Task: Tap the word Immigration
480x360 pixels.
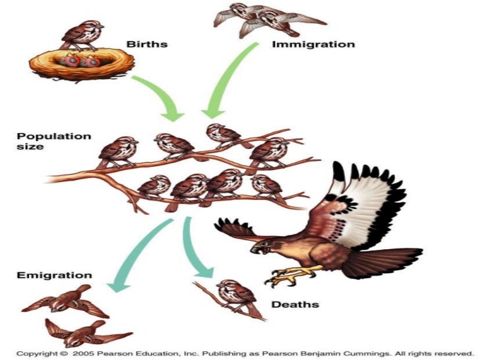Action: point(313,45)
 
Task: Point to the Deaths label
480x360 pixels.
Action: point(295,305)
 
